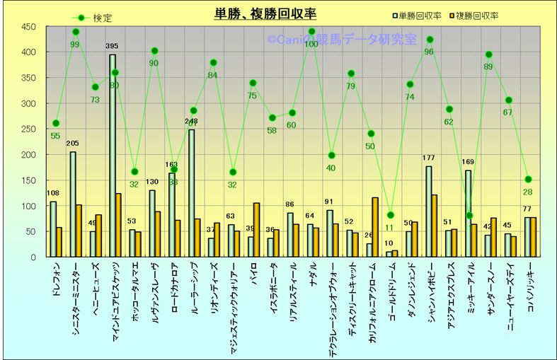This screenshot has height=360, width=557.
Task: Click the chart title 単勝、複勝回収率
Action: click(x=265, y=14)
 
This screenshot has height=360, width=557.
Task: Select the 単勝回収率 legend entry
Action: click(x=423, y=15)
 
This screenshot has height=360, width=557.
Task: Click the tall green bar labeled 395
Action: click(x=112, y=156)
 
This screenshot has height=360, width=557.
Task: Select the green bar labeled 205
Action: click(x=72, y=204)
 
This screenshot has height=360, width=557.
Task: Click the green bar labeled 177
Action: click(x=428, y=211)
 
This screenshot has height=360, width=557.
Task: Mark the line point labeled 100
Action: click(x=312, y=32)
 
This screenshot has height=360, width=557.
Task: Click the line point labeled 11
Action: click(x=390, y=215)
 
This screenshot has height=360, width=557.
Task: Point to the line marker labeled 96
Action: click(x=430, y=40)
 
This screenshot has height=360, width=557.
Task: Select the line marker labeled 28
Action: click(x=528, y=179)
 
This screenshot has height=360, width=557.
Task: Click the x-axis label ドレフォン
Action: click(x=57, y=279)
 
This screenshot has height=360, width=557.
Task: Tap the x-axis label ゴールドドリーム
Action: click(x=390, y=291)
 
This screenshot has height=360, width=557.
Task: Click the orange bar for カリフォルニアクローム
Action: click(x=375, y=227)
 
